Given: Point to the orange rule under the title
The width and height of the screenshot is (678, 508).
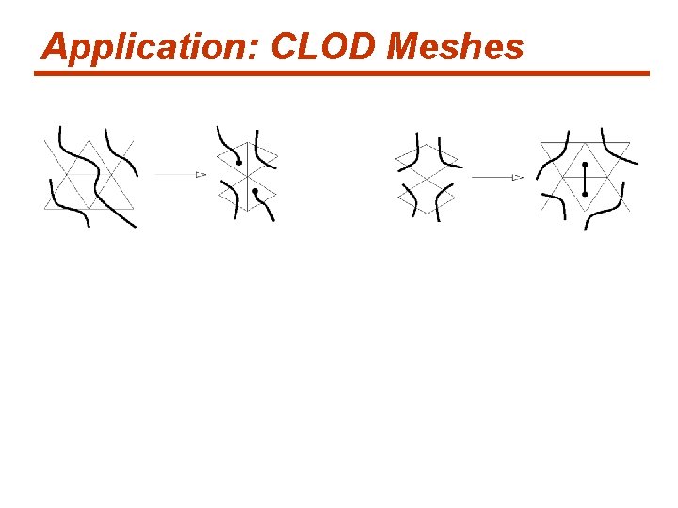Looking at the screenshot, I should pyautogui.click(x=342, y=73).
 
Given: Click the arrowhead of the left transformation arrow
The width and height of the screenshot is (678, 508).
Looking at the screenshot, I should pyautogui.click(x=201, y=174).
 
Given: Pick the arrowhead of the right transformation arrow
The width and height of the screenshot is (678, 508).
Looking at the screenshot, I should pyautogui.click(x=517, y=176).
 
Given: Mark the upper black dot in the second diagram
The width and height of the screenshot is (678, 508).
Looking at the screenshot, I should pyautogui.click(x=239, y=164).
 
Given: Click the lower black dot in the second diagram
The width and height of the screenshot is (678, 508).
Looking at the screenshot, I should pyautogui.click(x=255, y=192).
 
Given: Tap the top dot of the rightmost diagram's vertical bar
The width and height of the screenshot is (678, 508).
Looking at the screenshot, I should pyautogui.click(x=585, y=165).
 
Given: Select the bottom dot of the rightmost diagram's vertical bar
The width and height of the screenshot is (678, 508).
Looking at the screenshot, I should pyautogui.click(x=585, y=194).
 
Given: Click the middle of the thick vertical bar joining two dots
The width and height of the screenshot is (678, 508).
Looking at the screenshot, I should pyautogui.click(x=585, y=179).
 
